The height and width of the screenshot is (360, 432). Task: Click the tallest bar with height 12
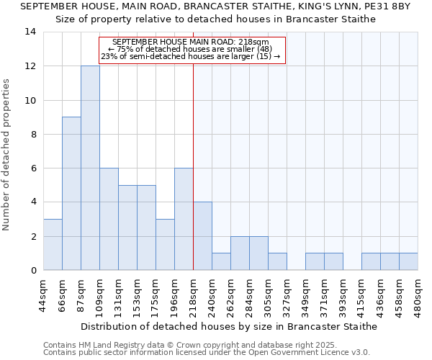click(90, 168)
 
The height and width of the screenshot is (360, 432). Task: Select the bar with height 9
click(71, 193)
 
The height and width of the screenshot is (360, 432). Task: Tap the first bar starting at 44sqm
click(53, 244)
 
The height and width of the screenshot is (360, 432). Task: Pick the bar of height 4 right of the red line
click(202, 236)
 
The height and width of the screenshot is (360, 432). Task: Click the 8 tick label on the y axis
click(32, 134)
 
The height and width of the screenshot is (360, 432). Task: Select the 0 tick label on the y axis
click(32, 270)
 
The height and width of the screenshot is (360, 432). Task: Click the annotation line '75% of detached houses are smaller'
click(191, 49)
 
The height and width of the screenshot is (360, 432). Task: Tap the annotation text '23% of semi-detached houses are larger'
click(191, 56)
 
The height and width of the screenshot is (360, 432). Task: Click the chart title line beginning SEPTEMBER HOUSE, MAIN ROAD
click(215, 6)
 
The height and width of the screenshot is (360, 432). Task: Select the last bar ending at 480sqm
click(408, 261)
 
